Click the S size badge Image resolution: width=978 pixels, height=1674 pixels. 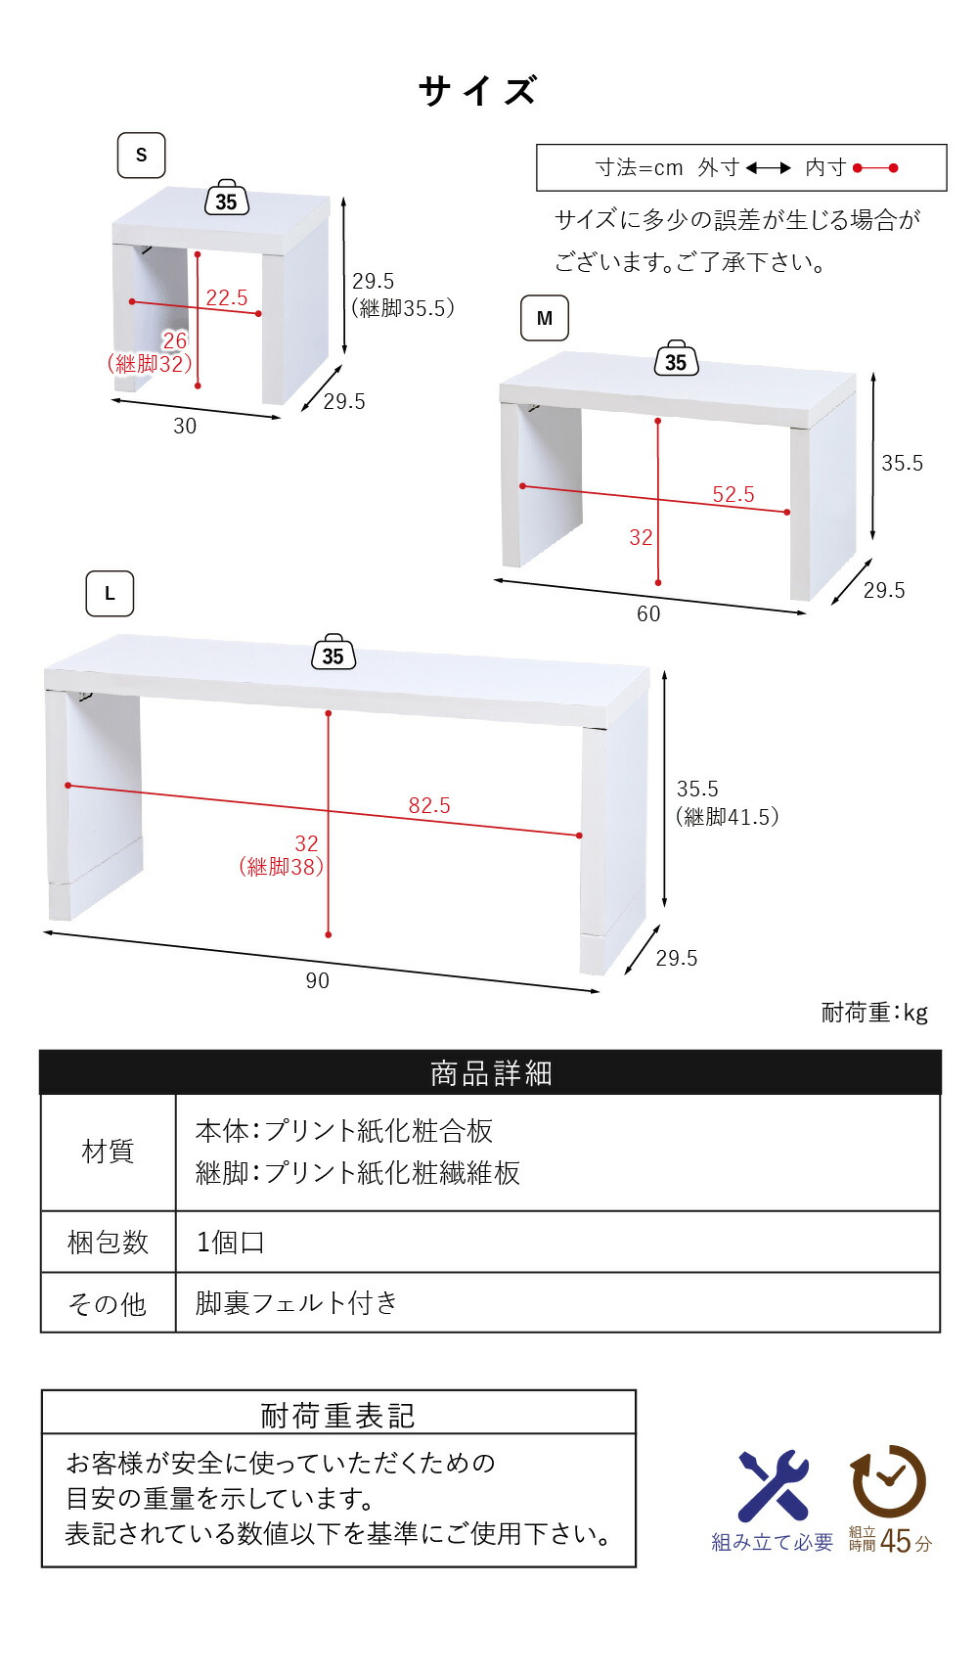(141, 156)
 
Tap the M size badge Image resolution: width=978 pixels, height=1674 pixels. (544, 318)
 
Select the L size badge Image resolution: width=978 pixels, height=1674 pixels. (110, 593)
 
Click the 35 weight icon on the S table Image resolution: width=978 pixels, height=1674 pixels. (226, 198)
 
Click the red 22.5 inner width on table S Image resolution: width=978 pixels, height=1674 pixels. (226, 297)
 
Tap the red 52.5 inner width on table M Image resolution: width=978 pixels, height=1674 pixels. (733, 494)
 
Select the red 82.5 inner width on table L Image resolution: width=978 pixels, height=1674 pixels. (429, 805)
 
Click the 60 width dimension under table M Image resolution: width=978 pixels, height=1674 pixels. (648, 613)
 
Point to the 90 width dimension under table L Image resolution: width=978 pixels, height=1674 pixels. (318, 980)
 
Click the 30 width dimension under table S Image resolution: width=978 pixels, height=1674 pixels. (185, 426)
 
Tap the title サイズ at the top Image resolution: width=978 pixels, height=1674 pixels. (478, 90)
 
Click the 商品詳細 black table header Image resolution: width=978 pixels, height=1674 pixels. (490, 1072)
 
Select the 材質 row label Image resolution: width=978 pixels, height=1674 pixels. (108, 1152)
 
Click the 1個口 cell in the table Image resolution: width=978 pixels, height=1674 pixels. (230, 1243)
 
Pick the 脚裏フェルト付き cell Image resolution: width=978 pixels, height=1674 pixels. (296, 1302)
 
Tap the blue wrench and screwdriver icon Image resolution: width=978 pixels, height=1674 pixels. (773, 1486)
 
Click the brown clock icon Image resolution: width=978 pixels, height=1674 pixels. (888, 1481)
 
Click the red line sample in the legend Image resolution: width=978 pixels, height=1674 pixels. (875, 168)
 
